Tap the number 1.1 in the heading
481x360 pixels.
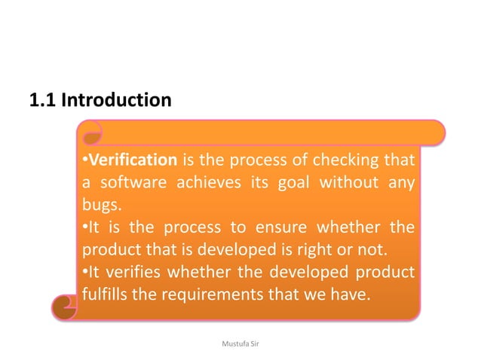tap(41, 99)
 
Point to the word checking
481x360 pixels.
tap(351, 160)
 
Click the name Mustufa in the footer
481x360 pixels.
tap(228, 343)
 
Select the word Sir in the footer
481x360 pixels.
tap(254, 343)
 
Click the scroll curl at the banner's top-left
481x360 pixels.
tap(91, 136)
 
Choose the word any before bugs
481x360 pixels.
tap(403, 183)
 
